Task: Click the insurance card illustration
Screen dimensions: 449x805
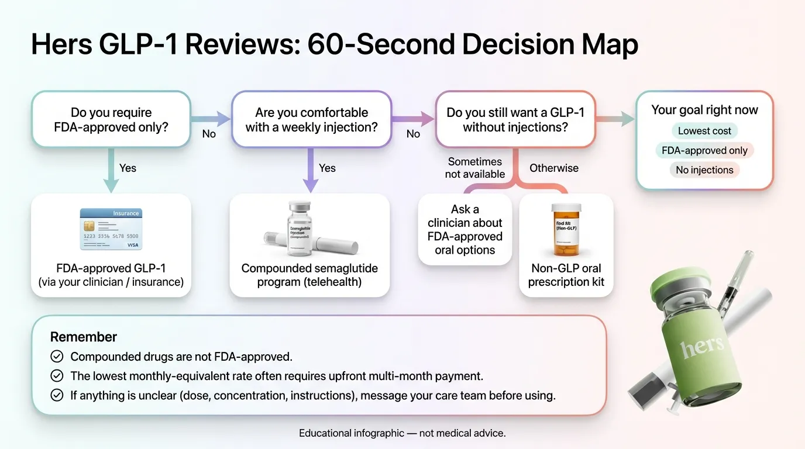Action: pos(111,229)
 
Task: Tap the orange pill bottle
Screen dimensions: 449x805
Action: pos(566,230)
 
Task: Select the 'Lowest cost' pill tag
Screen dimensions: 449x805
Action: pos(704,131)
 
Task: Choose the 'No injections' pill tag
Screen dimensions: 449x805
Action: pos(704,170)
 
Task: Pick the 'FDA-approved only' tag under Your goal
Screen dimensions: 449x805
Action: pos(704,150)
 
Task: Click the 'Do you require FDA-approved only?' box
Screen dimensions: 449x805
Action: pos(111,119)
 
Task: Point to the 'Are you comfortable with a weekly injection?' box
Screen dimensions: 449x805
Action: pos(311,119)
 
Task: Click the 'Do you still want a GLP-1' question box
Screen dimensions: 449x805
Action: pos(515,119)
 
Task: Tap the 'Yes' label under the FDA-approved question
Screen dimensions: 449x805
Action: pos(128,168)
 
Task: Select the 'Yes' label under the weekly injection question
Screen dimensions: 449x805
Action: pos(327,168)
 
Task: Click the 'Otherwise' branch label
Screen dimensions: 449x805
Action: pos(553,168)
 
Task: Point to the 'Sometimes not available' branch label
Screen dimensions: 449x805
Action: pos(474,168)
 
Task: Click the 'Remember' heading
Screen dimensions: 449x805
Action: pos(84,337)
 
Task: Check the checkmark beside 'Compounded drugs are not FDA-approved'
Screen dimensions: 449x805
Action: pos(57,356)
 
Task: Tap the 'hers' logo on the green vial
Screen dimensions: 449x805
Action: pos(702,346)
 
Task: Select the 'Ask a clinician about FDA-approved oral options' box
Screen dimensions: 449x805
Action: pos(465,230)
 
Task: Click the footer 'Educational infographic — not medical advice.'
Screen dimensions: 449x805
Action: pos(402,433)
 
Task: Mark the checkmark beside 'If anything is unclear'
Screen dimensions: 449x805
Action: pos(57,395)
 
